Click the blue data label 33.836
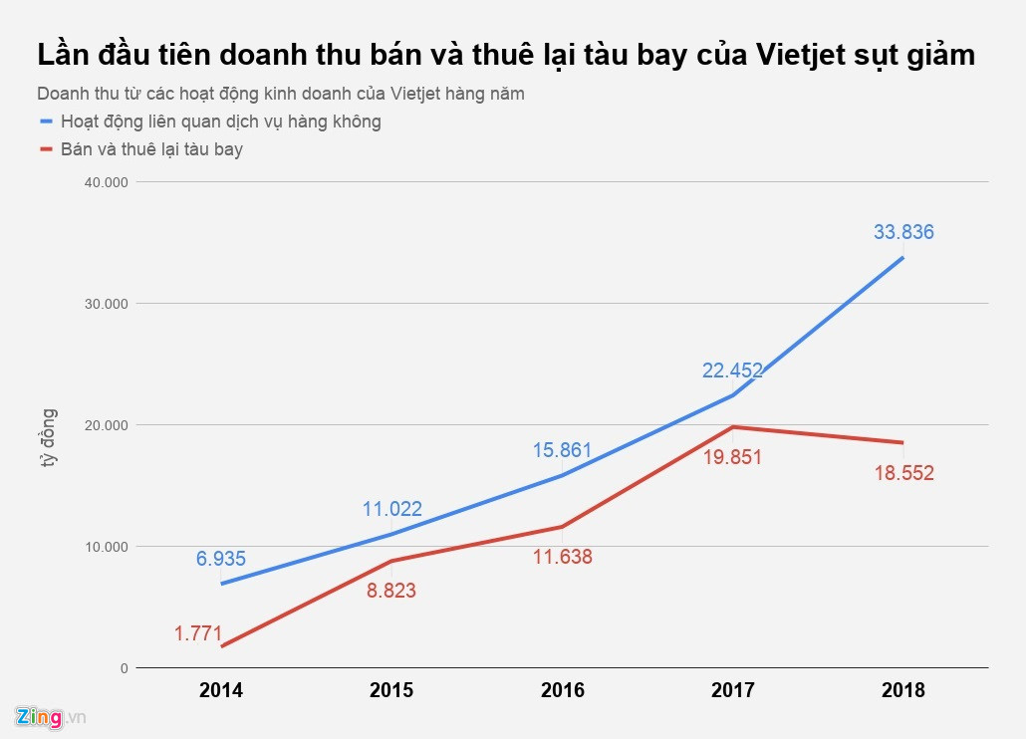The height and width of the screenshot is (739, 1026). coord(903,233)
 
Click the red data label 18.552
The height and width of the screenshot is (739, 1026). coord(903,473)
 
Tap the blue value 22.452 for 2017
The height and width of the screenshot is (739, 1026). coord(732,370)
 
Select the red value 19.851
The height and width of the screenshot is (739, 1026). coord(732,457)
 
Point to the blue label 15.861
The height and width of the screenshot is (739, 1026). coord(562,449)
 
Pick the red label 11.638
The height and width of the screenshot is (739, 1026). coord(562,557)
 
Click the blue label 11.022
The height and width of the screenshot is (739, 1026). coord(391,509)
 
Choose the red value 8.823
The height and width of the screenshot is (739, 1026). coord(391,591)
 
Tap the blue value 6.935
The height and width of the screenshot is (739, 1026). coord(220,559)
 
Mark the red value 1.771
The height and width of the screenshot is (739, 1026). coord(198,633)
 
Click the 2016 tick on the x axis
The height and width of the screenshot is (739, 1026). coord(562,690)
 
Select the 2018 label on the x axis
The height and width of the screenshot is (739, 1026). coord(903,690)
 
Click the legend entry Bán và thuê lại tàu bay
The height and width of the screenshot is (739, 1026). coord(151,149)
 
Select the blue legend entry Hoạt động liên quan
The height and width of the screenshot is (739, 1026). coord(220,122)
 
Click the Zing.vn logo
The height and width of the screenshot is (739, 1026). coord(51,716)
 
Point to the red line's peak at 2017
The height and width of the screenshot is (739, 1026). coord(733,427)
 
